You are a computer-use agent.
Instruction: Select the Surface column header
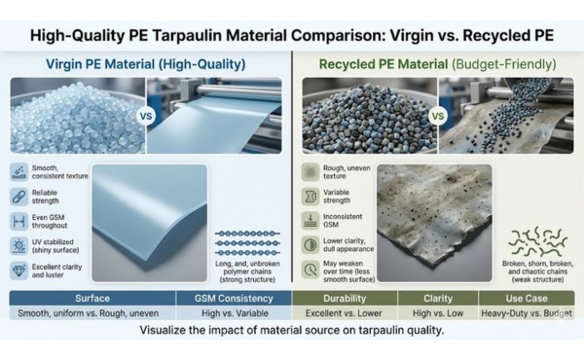(89, 300)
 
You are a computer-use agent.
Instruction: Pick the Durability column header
(337, 300)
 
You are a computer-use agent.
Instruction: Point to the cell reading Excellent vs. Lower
(337, 318)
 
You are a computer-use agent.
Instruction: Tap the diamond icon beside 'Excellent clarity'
(22, 270)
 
